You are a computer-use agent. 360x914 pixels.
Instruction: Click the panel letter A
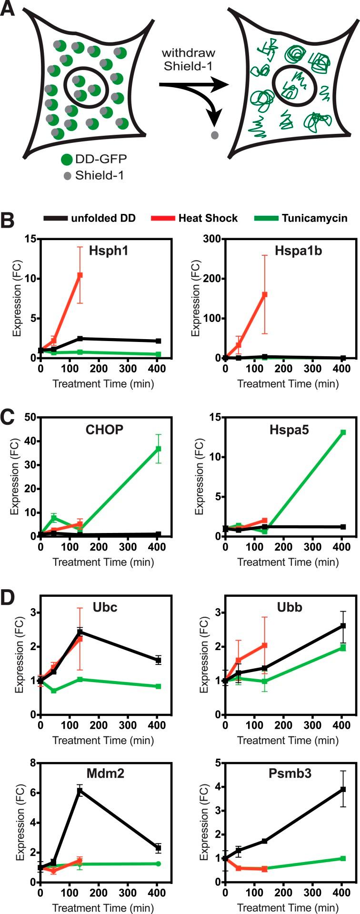pos(8,10)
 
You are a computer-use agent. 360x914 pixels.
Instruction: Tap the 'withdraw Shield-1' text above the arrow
pos(188,60)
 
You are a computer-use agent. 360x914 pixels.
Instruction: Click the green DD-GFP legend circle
pos(68,159)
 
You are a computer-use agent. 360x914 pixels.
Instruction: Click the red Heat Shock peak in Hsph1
pos(80,275)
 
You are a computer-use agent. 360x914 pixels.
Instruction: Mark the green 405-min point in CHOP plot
pos(158,449)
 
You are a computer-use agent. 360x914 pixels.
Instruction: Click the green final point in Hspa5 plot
pos(343,432)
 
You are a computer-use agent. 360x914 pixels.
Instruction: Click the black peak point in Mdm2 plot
pos(80,791)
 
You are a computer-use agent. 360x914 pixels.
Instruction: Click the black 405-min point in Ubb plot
pos(343,625)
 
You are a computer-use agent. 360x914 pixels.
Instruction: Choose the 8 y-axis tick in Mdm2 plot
pos(33,762)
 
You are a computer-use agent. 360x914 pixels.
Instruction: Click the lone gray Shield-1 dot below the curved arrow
pos(215,135)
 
